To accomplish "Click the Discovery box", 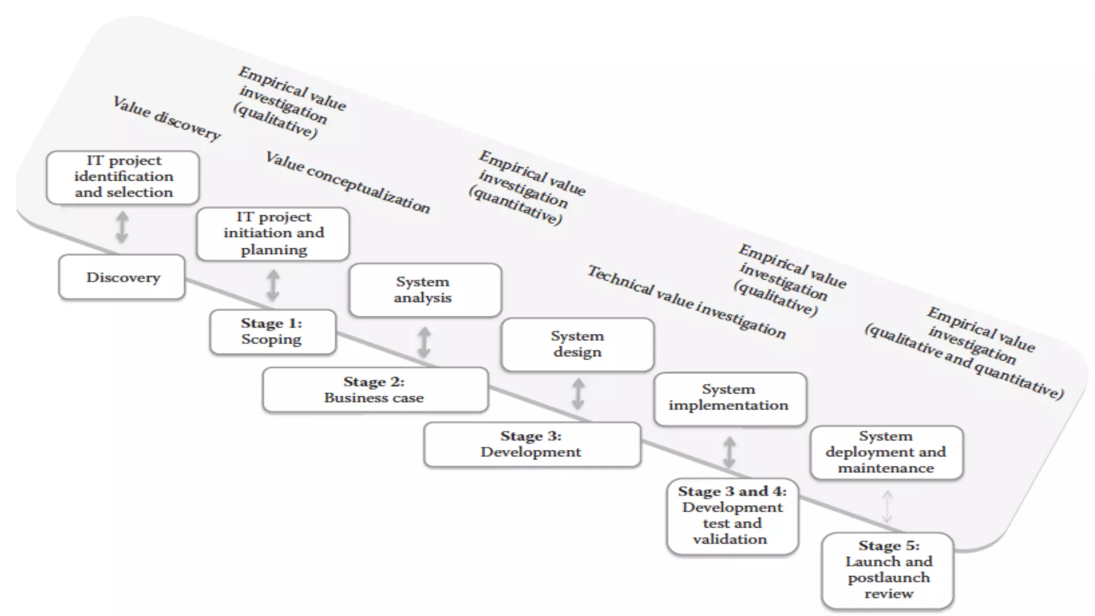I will (x=122, y=277).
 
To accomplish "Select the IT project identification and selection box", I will (x=123, y=177).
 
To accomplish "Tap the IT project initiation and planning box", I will (x=273, y=234).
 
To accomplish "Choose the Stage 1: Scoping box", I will (x=273, y=332).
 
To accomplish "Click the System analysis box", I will (x=425, y=290).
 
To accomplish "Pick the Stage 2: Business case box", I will (x=375, y=390).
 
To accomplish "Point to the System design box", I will (x=577, y=344).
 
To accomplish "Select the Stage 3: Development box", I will (x=532, y=444).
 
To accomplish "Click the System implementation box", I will (x=730, y=398).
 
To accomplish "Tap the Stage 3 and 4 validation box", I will (x=732, y=516).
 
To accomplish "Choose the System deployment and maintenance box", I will (x=886, y=452).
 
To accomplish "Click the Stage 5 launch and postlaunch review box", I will (x=888, y=570).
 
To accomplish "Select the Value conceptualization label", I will (x=348, y=182).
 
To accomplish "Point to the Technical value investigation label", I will (x=687, y=303).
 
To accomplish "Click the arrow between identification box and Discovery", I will (x=122, y=227).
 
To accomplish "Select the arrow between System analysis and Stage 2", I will (x=424, y=342).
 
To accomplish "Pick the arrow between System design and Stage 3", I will (x=578, y=394).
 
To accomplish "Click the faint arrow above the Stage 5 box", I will (x=887, y=506).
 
